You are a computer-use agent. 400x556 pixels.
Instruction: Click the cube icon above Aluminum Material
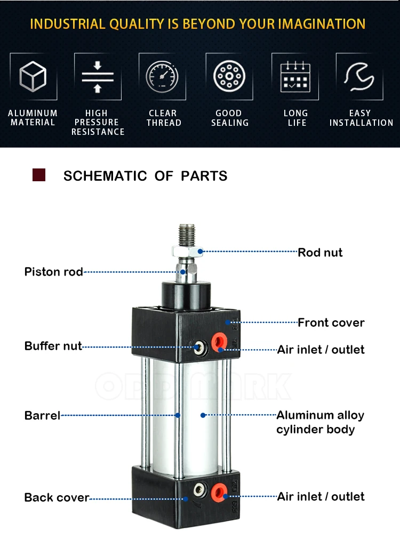pyautogui.click(x=33, y=77)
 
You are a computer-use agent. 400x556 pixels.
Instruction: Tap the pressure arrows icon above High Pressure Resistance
pyautogui.click(x=98, y=77)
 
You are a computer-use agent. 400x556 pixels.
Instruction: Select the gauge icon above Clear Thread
pyautogui.click(x=162, y=77)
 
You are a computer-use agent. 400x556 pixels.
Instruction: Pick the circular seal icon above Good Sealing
pyautogui.click(x=229, y=77)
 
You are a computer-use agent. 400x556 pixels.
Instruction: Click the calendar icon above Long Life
pyautogui.click(x=295, y=77)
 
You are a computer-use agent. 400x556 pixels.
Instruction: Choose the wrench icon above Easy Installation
pyautogui.click(x=359, y=77)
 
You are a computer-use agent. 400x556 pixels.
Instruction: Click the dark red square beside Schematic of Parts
pyautogui.click(x=39, y=175)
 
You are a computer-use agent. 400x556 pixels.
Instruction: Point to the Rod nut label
pyautogui.click(x=320, y=252)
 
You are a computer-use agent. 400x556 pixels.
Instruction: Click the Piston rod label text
pyautogui.click(x=54, y=272)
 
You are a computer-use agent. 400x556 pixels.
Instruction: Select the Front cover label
pyautogui.click(x=331, y=323)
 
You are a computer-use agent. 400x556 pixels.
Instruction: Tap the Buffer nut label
pyautogui.click(x=53, y=346)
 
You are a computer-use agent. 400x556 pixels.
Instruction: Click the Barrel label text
pyautogui.click(x=42, y=415)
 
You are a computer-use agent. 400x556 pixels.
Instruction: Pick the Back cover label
pyautogui.click(x=57, y=497)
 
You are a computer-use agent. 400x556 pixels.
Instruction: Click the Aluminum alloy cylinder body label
pyautogui.click(x=320, y=422)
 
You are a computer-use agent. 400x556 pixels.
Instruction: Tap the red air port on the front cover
pyautogui.click(x=219, y=342)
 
